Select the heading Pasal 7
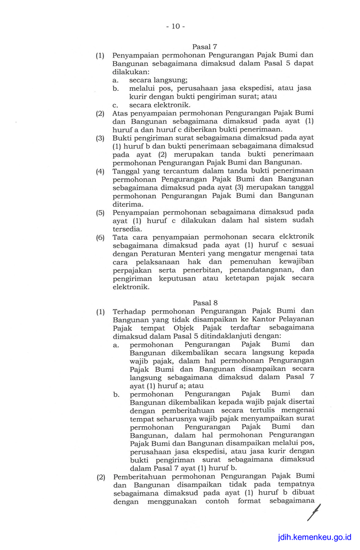(x=204, y=47)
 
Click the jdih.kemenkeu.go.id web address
(x=314, y=537)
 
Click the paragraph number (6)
(x=100, y=237)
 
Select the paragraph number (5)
(x=100, y=212)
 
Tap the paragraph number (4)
(x=100, y=171)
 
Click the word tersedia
(x=127, y=229)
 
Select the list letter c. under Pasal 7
(x=116, y=105)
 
